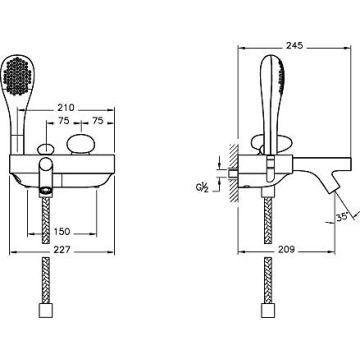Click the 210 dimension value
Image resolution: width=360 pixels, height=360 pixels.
(x=66, y=108)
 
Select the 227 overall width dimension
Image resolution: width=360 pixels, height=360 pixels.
(x=62, y=250)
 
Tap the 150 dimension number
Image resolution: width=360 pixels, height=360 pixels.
(x=62, y=232)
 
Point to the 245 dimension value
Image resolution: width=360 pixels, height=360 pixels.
(x=295, y=46)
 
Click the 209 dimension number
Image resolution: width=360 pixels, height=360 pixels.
(x=286, y=249)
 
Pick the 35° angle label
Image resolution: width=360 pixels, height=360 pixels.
(x=342, y=217)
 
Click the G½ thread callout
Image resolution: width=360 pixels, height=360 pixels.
(x=202, y=187)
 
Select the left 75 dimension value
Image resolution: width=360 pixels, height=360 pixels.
(x=64, y=121)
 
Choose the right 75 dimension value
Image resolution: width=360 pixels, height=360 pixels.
(x=98, y=121)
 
